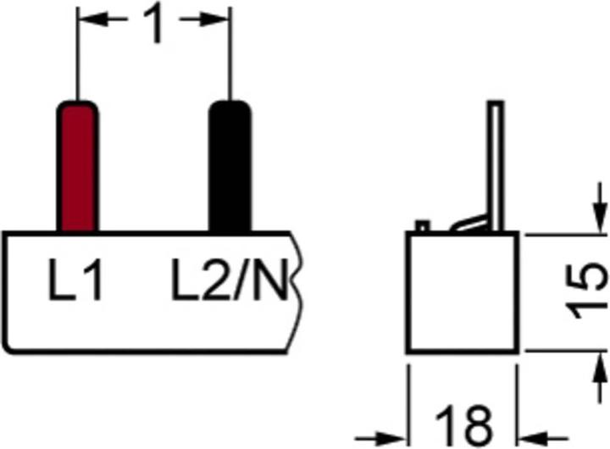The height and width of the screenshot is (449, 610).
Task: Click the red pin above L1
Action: coord(78,167)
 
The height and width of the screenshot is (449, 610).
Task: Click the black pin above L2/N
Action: coord(230,167)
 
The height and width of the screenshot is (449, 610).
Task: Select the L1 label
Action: coord(75,280)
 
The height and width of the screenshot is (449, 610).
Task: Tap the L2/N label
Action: coord(230,280)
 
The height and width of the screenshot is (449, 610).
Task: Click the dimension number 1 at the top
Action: coord(154,23)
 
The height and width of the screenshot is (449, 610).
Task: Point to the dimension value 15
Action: coord(586,291)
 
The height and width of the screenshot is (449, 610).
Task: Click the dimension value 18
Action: coord(463,426)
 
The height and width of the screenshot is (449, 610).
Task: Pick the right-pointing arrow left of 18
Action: coord(380,439)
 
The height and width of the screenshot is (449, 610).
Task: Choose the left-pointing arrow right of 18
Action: coord(543,439)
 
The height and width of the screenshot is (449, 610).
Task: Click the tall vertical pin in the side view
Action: coord(496,166)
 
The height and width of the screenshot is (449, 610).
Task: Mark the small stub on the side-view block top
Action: coord(423,225)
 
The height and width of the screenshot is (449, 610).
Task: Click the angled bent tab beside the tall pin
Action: coord(469,223)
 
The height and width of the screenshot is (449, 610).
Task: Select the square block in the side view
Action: coord(463,292)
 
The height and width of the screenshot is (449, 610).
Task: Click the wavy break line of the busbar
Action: coord(296,291)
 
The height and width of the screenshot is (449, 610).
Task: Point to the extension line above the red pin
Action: coord(77,53)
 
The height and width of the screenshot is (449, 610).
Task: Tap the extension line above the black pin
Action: coord(230,53)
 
